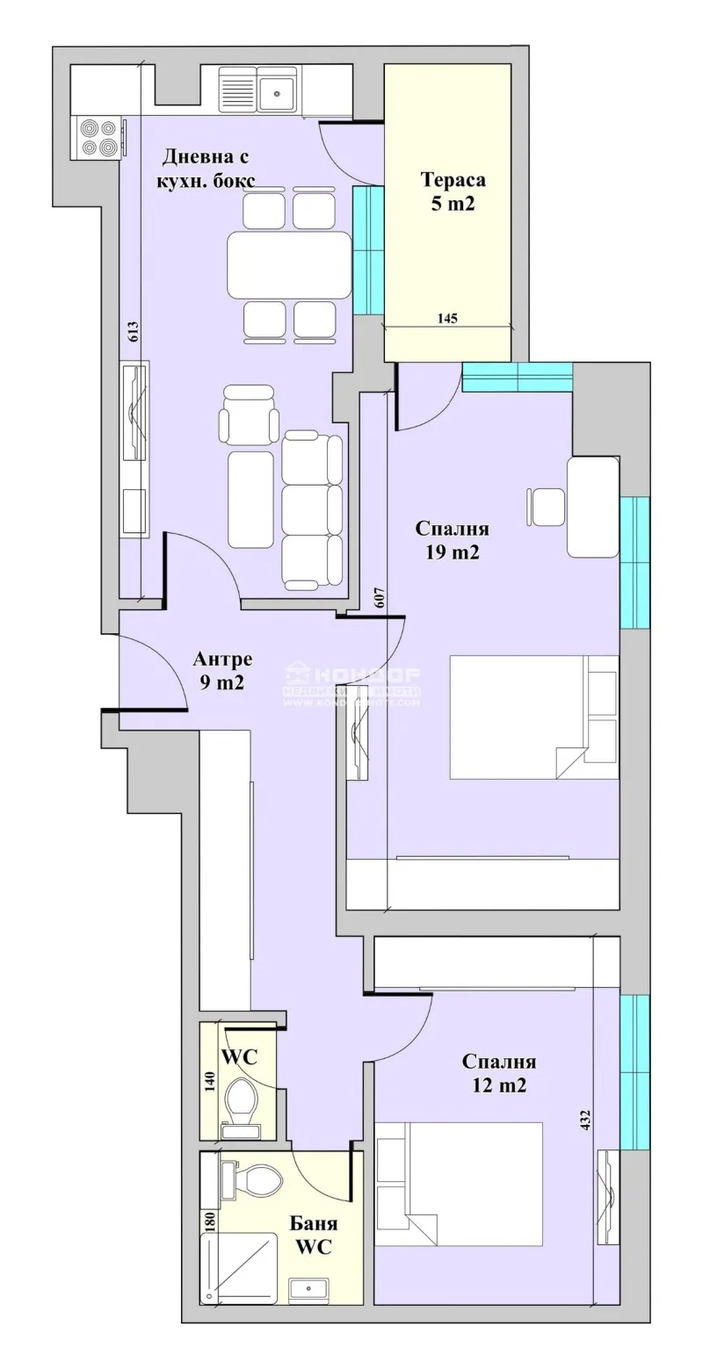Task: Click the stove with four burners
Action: click(x=98, y=137)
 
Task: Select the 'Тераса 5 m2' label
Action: click(x=453, y=192)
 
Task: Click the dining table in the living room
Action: click(x=289, y=266)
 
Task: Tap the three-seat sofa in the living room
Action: click(x=312, y=510)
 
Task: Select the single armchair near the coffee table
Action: click(x=250, y=414)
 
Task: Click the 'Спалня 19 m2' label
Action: click(x=452, y=541)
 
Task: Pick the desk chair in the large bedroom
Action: click(x=547, y=507)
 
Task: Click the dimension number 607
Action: click(x=379, y=597)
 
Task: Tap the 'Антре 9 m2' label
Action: click(x=222, y=671)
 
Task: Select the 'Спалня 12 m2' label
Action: click(x=499, y=1073)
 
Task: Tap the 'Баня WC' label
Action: click(x=312, y=1236)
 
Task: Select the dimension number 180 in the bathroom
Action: click(x=210, y=1222)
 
